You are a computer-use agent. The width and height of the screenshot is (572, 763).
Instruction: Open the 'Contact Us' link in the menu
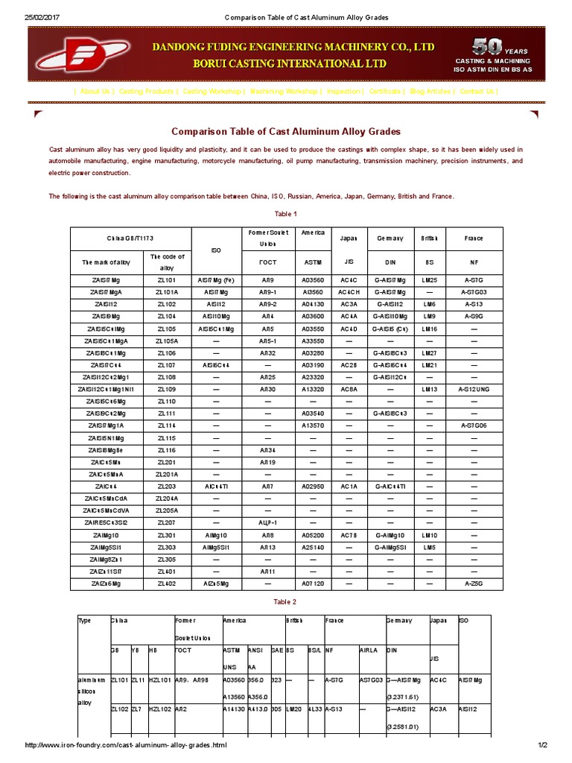point(477,91)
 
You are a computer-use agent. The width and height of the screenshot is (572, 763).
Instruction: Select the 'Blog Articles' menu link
point(430,91)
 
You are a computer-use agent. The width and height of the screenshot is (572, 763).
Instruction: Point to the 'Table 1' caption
point(286,214)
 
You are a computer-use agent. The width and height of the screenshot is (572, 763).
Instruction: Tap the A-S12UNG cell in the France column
point(474,389)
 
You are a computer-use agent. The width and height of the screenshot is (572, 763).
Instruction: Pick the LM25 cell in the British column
point(429,280)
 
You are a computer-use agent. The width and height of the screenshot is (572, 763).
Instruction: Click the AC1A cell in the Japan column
point(349,486)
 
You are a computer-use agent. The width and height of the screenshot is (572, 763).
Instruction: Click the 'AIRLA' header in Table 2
point(369,650)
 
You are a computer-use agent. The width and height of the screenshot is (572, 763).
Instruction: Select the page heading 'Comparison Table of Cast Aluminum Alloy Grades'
point(286,131)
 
